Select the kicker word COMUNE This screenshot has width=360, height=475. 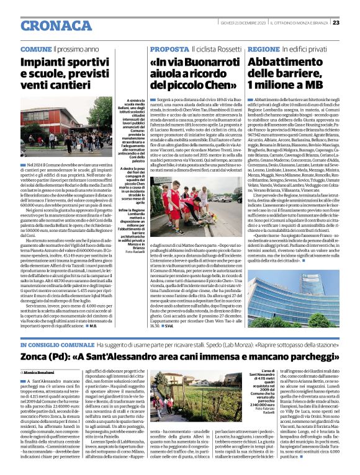point(36,48)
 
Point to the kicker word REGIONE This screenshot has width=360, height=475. point(264,48)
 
